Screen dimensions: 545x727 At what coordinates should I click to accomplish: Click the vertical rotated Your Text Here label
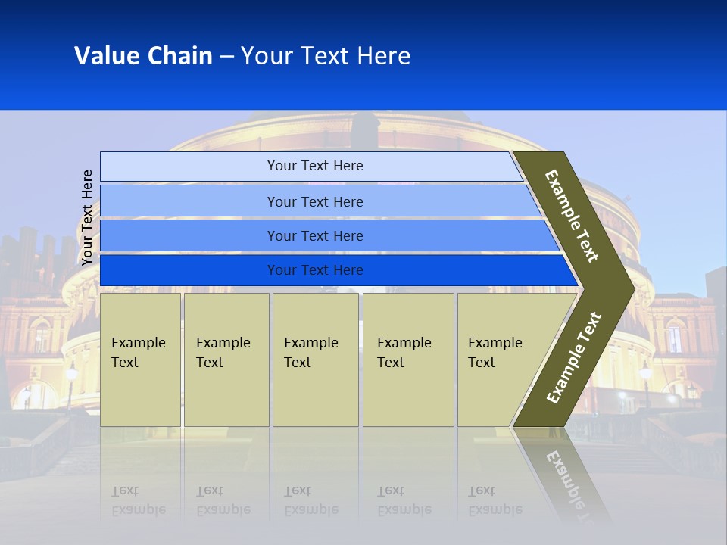click(x=87, y=217)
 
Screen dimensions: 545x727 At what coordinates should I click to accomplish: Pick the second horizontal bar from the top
click(x=315, y=201)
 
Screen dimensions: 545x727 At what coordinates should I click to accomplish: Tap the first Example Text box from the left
click(x=140, y=360)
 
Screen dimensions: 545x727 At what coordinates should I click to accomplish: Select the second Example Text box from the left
click(x=226, y=360)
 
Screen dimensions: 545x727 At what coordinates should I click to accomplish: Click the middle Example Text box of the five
click(x=315, y=360)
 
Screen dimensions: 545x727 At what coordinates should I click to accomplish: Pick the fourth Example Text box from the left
click(x=408, y=360)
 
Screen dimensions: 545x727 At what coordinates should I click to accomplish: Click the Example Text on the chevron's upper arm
click(x=572, y=216)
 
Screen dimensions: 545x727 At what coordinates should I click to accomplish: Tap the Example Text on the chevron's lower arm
click(x=574, y=357)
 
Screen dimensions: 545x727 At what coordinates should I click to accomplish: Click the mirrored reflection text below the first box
click(x=138, y=500)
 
